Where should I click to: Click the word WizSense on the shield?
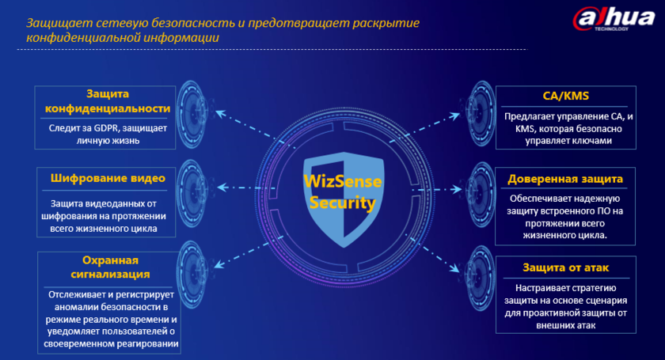click(341, 181)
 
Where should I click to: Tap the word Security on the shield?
click(342, 203)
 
